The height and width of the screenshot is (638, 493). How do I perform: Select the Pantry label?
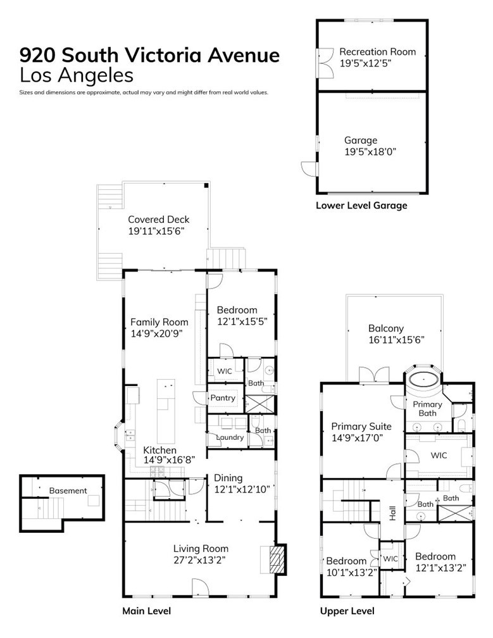tap(223, 397)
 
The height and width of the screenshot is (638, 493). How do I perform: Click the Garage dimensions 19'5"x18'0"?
tap(370, 152)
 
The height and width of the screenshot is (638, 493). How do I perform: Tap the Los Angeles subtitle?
tap(77, 75)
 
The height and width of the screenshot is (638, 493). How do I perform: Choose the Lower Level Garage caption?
tap(361, 206)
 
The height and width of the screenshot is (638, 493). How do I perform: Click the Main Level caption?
tap(146, 611)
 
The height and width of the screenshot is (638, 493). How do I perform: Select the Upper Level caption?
tap(347, 611)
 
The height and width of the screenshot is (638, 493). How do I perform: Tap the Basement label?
tap(68, 491)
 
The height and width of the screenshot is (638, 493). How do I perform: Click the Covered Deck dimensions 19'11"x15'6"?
tap(156, 231)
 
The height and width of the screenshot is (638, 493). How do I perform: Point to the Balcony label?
tap(385, 328)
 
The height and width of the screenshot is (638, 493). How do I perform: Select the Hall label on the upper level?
tap(392, 513)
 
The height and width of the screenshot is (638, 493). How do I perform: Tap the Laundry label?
tap(230, 437)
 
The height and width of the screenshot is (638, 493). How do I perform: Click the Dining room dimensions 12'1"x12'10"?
tap(242, 489)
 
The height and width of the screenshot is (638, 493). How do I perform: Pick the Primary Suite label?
tap(361, 427)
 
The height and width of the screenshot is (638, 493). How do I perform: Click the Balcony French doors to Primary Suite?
tap(374, 374)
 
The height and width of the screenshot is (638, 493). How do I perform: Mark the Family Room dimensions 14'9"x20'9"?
tap(156, 334)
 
